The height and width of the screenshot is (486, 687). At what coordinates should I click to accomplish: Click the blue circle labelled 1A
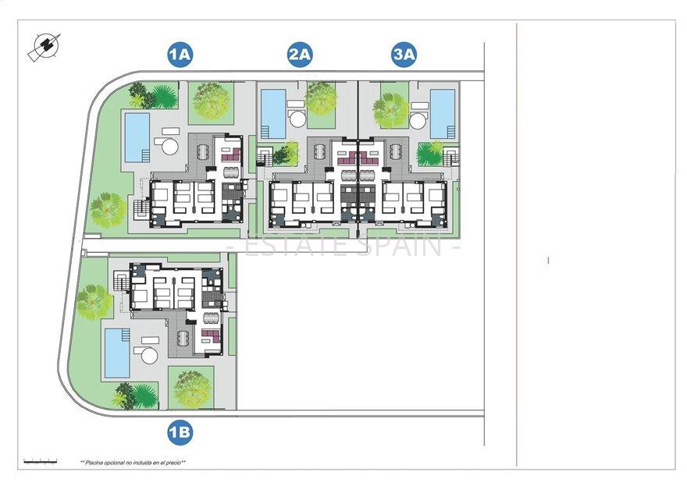(180, 55)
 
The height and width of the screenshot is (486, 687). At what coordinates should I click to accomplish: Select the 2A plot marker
(300, 55)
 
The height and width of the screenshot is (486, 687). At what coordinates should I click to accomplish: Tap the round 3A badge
(404, 55)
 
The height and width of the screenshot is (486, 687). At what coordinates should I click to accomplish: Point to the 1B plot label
(180, 431)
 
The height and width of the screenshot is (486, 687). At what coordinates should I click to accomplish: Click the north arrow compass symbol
(44, 47)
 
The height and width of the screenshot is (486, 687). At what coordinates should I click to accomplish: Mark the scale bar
(40, 461)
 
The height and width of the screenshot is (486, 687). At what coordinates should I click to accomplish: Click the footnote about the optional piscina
(133, 463)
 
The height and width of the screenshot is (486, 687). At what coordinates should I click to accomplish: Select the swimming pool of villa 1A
(137, 137)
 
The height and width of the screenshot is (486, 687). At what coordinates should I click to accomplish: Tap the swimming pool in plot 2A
(272, 114)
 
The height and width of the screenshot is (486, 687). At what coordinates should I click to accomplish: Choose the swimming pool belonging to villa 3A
(443, 114)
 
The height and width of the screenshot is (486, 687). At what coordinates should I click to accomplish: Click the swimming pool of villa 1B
(118, 352)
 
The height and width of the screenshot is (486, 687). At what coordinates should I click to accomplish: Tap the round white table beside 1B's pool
(148, 356)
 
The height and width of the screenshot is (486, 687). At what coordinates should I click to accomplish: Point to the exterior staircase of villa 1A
(141, 209)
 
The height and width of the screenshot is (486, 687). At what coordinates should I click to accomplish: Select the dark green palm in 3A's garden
(429, 154)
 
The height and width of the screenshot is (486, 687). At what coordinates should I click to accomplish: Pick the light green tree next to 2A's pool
(321, 99)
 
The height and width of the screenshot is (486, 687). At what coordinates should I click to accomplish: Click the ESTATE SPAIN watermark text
(343, 247)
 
